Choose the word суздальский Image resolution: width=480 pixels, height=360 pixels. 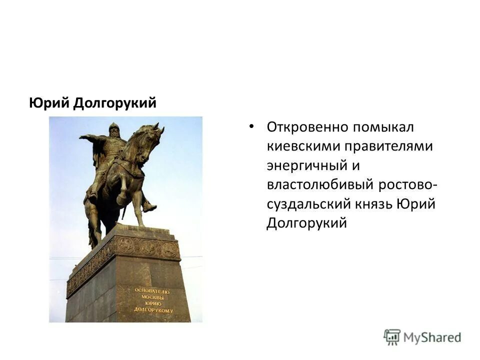tap(310, 203)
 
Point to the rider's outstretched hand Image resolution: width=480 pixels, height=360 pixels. tap(83, 136)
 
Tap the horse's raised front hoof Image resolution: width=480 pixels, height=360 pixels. tap(121, 199)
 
